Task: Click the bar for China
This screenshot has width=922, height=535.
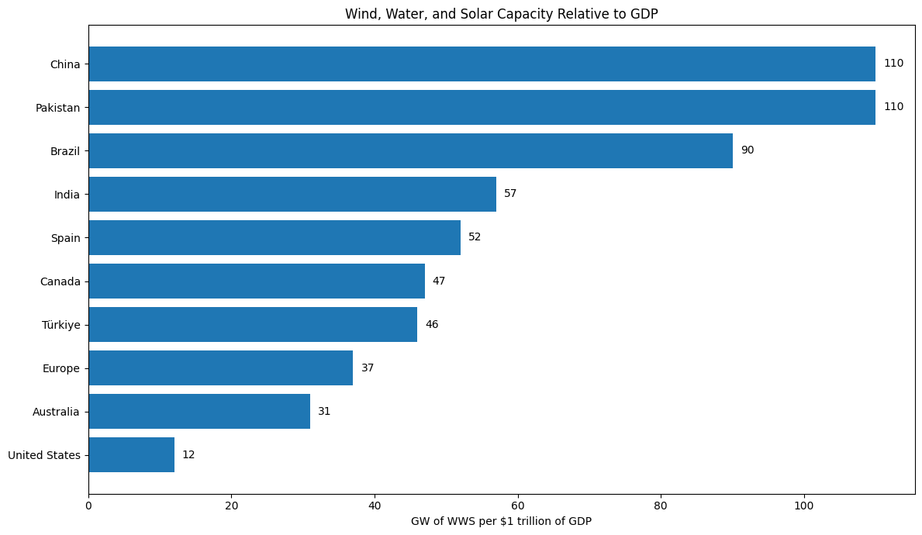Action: click(x=481, y=64)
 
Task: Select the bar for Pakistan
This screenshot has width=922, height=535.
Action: click(x=481, y=107)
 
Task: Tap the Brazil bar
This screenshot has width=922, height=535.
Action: click(x=410, y=150)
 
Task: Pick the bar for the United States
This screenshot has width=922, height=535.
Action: click(x=131, y=454)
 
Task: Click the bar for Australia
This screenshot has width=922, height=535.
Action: click(x=199, y=411)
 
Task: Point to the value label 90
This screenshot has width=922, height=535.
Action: click(x=747, y=150)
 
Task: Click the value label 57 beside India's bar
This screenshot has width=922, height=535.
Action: click(x=510, y=194)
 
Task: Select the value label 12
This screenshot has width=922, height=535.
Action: click(x=188, y=454)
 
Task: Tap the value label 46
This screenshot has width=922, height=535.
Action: click(x=431, y=324)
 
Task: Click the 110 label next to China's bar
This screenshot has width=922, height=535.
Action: click(x=893, y=64)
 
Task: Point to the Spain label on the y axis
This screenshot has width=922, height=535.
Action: click(x=66, y=238)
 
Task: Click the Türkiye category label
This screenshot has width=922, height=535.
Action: click(x=61, y=325)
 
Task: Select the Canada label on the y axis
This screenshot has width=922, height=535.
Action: click(x=60, y=281)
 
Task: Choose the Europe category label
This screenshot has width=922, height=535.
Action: click(x=61, y=368)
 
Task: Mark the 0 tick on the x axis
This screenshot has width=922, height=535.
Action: click(x=88, y=506)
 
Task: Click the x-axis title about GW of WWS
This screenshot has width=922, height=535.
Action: click(x=501, y=521)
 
